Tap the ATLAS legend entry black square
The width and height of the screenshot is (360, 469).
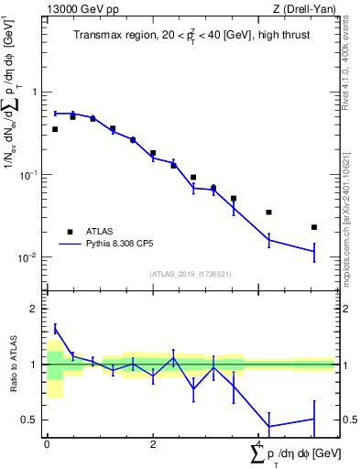tap(70, 232)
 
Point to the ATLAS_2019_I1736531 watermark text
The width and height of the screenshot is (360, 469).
tap(191, 274)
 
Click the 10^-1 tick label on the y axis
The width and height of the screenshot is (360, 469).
tap(30, 174)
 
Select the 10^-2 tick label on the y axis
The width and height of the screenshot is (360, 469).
tap(30, 257)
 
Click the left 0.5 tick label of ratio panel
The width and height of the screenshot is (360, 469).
tap(30, 420)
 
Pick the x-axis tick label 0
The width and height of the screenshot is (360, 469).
tap(47, 445)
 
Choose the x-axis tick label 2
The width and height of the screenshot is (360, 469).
tap(153, 445)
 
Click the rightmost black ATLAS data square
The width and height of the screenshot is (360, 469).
tap(313, 227)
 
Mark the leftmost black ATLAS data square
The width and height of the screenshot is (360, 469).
tap(55, 129)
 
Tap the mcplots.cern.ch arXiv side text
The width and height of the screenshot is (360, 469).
tap(352, 211)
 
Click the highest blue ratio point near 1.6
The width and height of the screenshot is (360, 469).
tap(55, 328)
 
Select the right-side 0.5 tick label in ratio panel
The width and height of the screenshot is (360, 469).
tap(347, 420)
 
